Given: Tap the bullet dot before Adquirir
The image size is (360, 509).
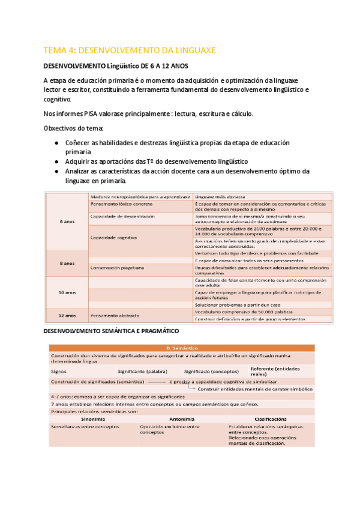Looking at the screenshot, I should tap(56, 162).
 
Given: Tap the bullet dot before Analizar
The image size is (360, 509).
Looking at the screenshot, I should tap(56, 172).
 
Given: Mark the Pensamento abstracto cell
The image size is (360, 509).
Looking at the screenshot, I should tap(115, 315).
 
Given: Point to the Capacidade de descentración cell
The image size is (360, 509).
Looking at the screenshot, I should tap(122, 216).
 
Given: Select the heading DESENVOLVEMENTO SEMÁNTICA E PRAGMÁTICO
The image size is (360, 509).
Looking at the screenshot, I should tap(111, 331).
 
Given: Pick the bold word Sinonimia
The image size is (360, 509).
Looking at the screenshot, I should tap(93, 419).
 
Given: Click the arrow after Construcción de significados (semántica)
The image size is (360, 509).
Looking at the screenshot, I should tap(157, 382).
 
